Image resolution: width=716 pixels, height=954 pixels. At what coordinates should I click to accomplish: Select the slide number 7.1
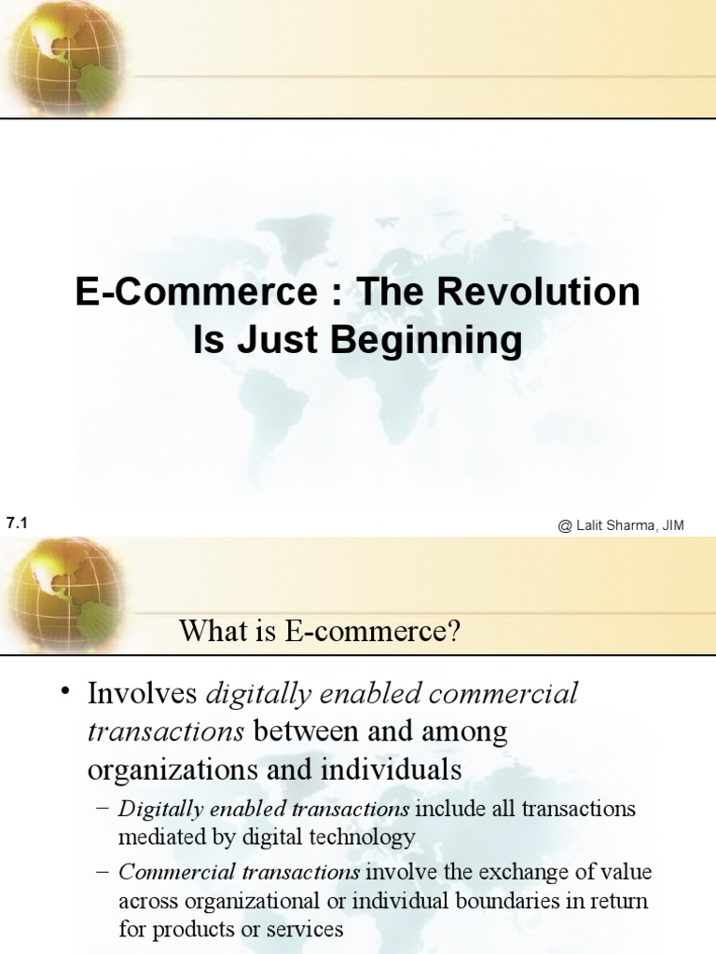[x=18, y=525]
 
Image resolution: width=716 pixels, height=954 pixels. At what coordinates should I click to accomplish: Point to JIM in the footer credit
[x=672, y=526]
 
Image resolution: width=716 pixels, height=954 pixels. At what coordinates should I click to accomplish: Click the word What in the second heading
[x=210, y=632]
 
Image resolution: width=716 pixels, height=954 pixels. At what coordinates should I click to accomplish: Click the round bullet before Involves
[x=64, y=691]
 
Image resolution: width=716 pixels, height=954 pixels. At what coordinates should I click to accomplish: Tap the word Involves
[x=142, y=694]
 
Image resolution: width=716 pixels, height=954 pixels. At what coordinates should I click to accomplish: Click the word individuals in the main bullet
[x=392, y=770]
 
